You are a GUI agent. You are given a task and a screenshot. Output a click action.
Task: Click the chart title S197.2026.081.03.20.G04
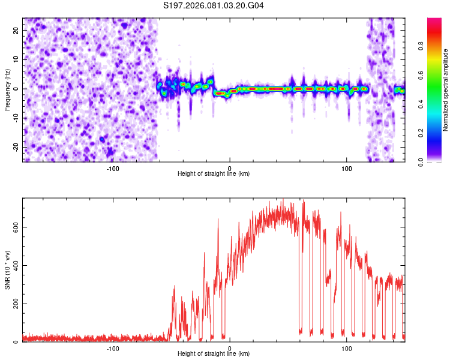[214, 6]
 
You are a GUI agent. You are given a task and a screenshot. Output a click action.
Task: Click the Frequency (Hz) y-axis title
[7, 90]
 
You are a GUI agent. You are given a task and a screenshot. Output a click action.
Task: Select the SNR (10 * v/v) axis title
[7, 270]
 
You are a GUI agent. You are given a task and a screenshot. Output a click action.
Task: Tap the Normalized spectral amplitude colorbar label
[446, 90]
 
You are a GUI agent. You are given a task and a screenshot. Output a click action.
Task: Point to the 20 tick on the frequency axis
[16, 30]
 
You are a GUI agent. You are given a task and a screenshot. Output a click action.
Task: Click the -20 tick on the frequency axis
[15, 147]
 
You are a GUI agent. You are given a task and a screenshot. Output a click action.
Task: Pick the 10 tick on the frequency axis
[16, 59]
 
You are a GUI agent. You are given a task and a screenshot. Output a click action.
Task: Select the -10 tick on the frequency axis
[15, 118]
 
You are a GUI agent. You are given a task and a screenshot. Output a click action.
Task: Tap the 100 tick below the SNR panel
[346, 348]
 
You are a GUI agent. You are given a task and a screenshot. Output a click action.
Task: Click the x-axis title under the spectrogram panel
[214, 174]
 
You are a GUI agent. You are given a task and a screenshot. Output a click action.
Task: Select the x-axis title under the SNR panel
[214, 354]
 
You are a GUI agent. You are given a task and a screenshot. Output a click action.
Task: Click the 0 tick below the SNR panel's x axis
[230, 348]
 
